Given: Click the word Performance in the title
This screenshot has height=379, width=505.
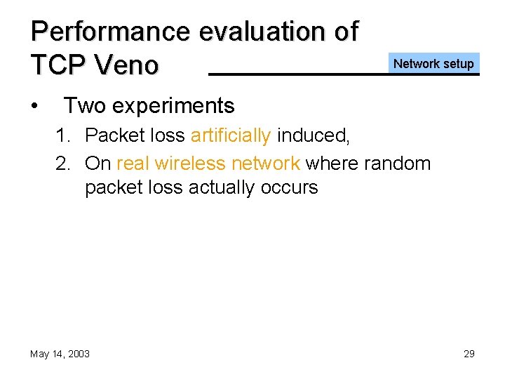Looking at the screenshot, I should click(x=110, y=32).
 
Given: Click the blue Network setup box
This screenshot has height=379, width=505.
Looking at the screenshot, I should click(x=433, y=64).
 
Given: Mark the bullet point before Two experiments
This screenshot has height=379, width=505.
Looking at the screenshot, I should click(x=34, y=106).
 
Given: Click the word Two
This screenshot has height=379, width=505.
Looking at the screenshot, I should click(x=84, y=106).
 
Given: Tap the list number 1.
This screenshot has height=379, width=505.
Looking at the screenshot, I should click(x=63, y=135).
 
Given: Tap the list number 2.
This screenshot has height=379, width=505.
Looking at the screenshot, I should click(x=63, y=164).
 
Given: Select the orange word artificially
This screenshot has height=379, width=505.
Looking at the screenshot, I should click(x=230, y=135).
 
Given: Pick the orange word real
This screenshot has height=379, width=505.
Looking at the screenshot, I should click(x=133, y=164).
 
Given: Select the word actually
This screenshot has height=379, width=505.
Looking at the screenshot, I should click(x=228, y=187).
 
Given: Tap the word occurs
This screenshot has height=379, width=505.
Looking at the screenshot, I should click(x=292, y=187).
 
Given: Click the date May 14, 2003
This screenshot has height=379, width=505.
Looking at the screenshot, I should click(x=60, y=354).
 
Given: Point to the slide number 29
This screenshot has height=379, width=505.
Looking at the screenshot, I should click(x=469, y=354).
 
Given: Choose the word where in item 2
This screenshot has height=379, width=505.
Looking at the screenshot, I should click(x=330, y=164).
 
